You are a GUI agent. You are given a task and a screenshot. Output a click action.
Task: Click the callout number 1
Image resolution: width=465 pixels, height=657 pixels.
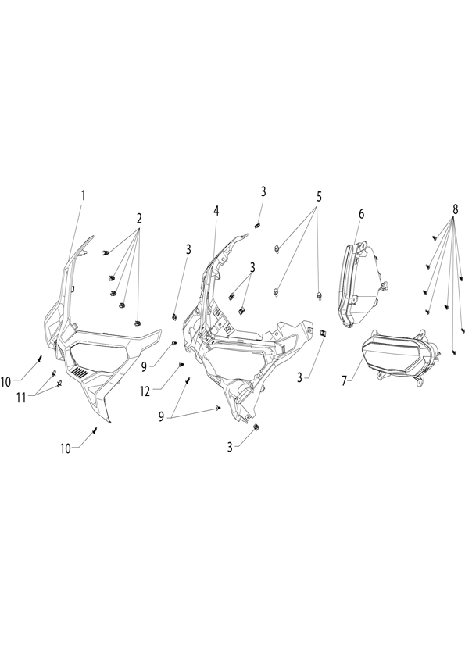coord(83,195)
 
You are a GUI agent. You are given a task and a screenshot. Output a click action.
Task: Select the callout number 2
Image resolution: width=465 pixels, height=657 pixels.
coord(139,218)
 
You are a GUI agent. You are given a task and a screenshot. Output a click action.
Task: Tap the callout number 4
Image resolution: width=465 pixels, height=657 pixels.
coord(216,211)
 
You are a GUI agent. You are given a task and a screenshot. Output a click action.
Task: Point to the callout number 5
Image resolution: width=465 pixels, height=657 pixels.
coord(319,197)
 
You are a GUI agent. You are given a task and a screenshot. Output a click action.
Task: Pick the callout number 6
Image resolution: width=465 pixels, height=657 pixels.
coord(361,214)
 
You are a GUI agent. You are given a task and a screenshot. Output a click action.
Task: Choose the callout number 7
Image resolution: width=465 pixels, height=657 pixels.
coord(344,381)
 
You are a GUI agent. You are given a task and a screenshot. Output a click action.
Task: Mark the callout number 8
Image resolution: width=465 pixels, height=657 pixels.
coord(455,210)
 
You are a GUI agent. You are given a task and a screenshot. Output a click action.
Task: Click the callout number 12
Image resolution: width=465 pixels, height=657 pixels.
coord(145,391)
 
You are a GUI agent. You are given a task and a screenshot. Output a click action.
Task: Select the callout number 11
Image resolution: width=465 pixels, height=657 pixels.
coord(21,398)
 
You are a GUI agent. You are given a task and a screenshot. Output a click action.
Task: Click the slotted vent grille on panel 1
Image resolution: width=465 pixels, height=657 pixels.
coord(79,372)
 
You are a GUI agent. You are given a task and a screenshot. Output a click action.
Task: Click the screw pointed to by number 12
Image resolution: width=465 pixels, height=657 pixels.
coord(181,365)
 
